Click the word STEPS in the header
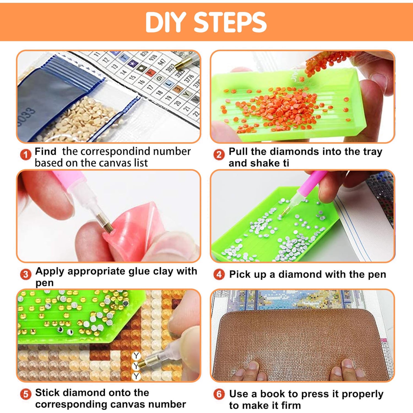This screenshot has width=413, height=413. pos(230,22)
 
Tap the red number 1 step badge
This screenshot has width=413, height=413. pos(26,155)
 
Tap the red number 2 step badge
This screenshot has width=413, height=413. pos(219,155)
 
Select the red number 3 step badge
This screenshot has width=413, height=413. pos(26,274)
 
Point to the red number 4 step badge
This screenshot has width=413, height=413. pos(219,274)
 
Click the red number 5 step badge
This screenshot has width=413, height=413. pos(26,394)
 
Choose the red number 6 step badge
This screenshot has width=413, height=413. pos(219,394)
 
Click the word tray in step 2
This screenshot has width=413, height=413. pos(373,152)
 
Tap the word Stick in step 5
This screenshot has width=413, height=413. pos(48,392)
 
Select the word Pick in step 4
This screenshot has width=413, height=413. pos(240,275)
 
